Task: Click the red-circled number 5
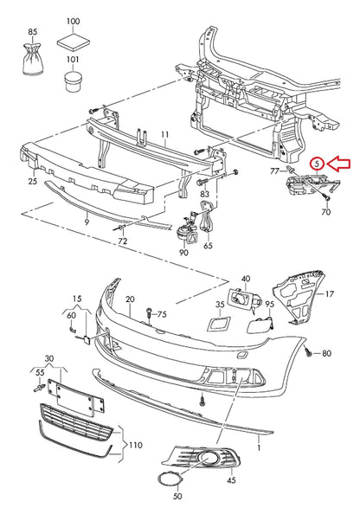coord(318,162)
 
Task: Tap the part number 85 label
coord(33,32)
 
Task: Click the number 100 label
coord(73,20)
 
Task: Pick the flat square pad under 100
coord(73,40)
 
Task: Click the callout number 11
coord(163,134)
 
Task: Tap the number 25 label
coord(31,183)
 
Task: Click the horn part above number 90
coord(184,233)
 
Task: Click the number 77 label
coord(274,172)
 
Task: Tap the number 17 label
coord(329,294)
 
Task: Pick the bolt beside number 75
coord(149,313)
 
